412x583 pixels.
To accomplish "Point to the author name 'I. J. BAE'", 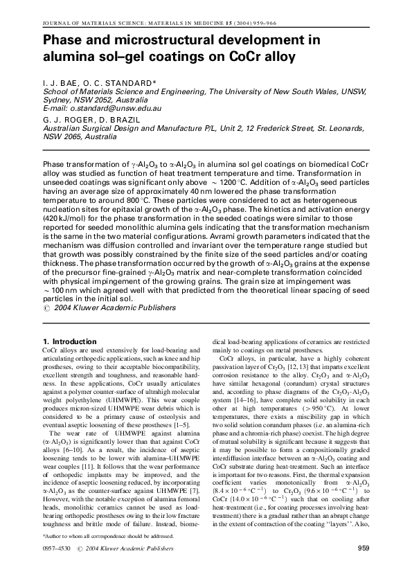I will pos(63,83).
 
